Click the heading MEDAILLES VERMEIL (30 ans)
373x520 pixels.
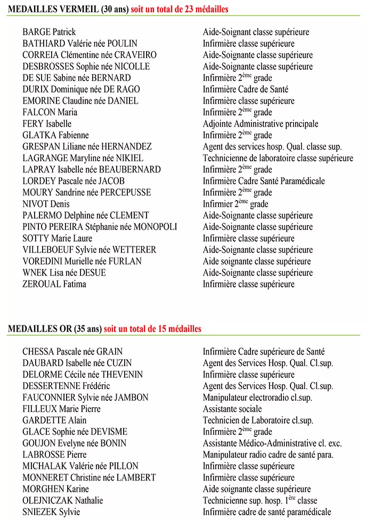click(68, 10)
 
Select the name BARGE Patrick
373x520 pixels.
click(49, 32)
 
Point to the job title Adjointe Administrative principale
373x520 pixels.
click(261, 124)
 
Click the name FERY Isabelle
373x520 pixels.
click(47, 124)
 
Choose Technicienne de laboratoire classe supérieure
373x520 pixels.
click(278, 158)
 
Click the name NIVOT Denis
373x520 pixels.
click(46, 204)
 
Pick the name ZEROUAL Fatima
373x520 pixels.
click(54, 284)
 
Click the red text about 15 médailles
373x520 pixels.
click(153, 329)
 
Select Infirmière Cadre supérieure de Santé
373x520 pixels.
click(264, 352)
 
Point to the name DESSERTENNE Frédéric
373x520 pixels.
click(66, 386)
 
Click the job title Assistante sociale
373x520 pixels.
click(232, 409)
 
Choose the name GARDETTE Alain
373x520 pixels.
click(54, 420)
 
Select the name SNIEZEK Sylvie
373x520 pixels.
click(51, 512)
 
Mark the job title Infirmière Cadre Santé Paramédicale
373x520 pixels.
click(264, 181)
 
